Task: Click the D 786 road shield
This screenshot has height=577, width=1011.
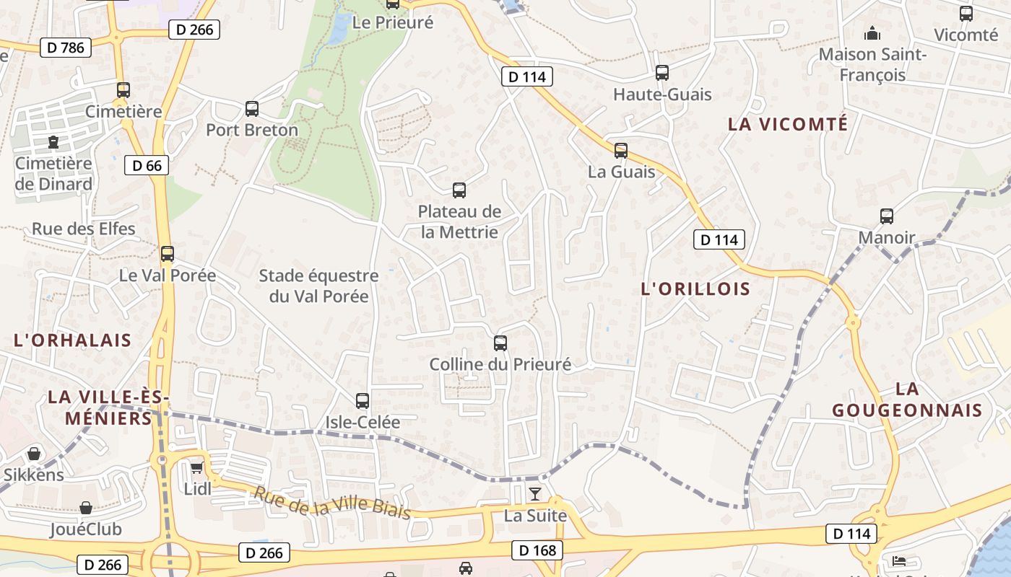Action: point(66,48)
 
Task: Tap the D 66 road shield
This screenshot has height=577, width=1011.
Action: point(147,165)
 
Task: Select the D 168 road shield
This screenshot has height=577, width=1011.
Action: point(537,550)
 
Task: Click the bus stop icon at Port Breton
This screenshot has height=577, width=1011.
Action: point(252,109)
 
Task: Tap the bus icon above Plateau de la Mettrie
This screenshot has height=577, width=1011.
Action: point(459,190)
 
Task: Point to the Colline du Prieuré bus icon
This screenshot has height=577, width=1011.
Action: point(500,343)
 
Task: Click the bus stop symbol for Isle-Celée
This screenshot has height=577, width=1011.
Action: point(363,401)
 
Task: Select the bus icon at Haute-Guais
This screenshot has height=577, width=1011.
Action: point(662,73)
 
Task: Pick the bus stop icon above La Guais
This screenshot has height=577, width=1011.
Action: point(621,151)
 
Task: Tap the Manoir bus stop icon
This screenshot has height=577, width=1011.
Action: point(887,216)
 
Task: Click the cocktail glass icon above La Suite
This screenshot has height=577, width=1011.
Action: point(535,494)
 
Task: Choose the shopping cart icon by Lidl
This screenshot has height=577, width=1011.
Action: point(196,468)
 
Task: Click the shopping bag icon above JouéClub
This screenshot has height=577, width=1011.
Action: point(86,508)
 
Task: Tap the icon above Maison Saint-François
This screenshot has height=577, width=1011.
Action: point(872,33)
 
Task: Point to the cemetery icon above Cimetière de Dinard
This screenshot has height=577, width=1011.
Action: point(53,142)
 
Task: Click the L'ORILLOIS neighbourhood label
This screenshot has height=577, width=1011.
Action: point(695,289)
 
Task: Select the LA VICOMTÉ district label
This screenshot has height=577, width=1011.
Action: point(788,124)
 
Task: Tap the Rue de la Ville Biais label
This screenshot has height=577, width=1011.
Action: point(331,503)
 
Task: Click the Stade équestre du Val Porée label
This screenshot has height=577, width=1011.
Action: point(318,286)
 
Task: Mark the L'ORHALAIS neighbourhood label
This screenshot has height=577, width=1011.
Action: point(73,340)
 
